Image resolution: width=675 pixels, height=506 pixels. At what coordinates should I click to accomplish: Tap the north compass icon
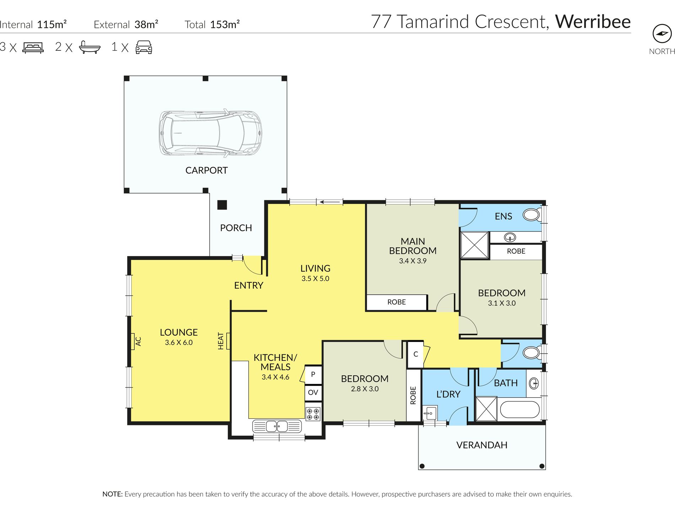pyautogui.click(x=662, y=34)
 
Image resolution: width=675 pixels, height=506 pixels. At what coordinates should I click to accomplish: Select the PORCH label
pyautogui.click(x=236, y=228)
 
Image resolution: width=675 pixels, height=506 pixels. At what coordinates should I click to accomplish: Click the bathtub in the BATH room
pyautogui.click(x=520, y=410)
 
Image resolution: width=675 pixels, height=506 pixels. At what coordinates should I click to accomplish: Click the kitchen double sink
pyautogui.click(x=277, y=426)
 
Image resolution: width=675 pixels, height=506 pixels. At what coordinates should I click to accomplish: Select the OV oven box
pyautogui.click(x=313, y=393)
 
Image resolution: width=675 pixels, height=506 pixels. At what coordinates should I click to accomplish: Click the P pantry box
pyautogui.click(x=313, y=374)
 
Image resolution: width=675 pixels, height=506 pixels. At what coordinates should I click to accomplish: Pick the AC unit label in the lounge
pyautogui.click(x=139, y=342)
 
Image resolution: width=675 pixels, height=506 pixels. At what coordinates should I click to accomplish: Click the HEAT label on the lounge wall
pyautogui.click(x=221, y=341)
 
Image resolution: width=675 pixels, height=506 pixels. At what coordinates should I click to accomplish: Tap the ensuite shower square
pyautogui.click(x=475, y=245)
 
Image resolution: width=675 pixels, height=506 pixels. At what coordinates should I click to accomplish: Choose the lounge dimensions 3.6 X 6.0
pyautogui.click(x=179, y=343)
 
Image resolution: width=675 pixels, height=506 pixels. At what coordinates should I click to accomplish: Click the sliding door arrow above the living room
pyautogui.click(x=330, y=202)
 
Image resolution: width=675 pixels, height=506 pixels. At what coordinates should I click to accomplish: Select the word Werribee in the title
pyautogui.click(x=593, y=22)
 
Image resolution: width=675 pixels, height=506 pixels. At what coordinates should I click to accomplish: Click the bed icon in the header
pyautogui.click(x=33, y=48)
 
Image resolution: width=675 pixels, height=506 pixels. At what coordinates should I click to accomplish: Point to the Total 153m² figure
pyautogui.click(x=212, y=25)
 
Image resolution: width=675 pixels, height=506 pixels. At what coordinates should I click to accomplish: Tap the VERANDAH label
pyautogui.click(x=482, y=445)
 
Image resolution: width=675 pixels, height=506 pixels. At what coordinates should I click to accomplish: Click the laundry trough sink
pyautogui.click(x=430, y=413)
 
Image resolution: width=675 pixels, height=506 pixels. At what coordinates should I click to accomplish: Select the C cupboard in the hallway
pyautogui.click(x=416, y=354)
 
